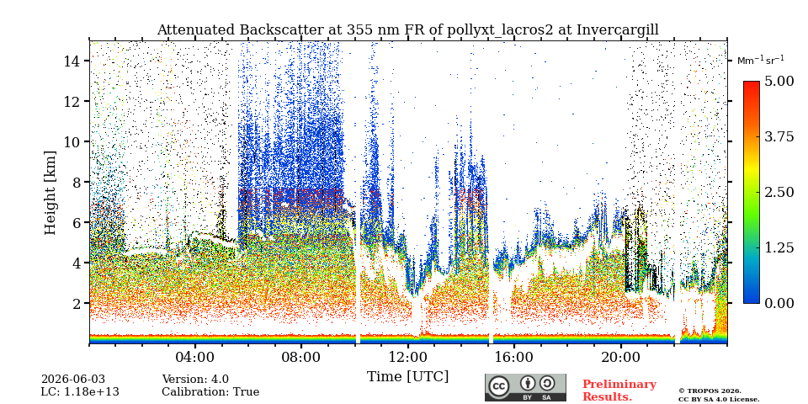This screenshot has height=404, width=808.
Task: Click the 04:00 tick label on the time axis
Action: pos(195,357)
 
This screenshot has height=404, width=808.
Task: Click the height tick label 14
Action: pos(72,61)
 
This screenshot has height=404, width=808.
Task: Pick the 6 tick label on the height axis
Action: pos(77,222)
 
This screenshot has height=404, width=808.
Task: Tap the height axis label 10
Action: pos(72,141)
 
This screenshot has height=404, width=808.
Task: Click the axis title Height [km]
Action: pos(50,193)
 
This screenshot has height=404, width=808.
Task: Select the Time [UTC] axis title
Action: pos(407,377)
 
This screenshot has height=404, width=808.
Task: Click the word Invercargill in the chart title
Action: pos(617,29)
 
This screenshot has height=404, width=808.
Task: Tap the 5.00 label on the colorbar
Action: pos(780,81)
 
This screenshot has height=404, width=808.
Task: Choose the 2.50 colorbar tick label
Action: pos(780,192)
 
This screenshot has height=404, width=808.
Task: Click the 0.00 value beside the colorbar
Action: pos(780,303)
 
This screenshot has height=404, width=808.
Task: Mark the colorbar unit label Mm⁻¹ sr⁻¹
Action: pos(761,60)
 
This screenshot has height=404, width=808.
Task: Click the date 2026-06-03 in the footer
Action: pos(72,380)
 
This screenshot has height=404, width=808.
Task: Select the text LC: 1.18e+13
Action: pos(80,392)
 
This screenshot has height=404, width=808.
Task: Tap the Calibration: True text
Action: pos(210,392)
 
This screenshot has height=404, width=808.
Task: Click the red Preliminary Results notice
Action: pos(619,390)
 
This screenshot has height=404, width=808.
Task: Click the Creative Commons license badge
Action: pos(525,387)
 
